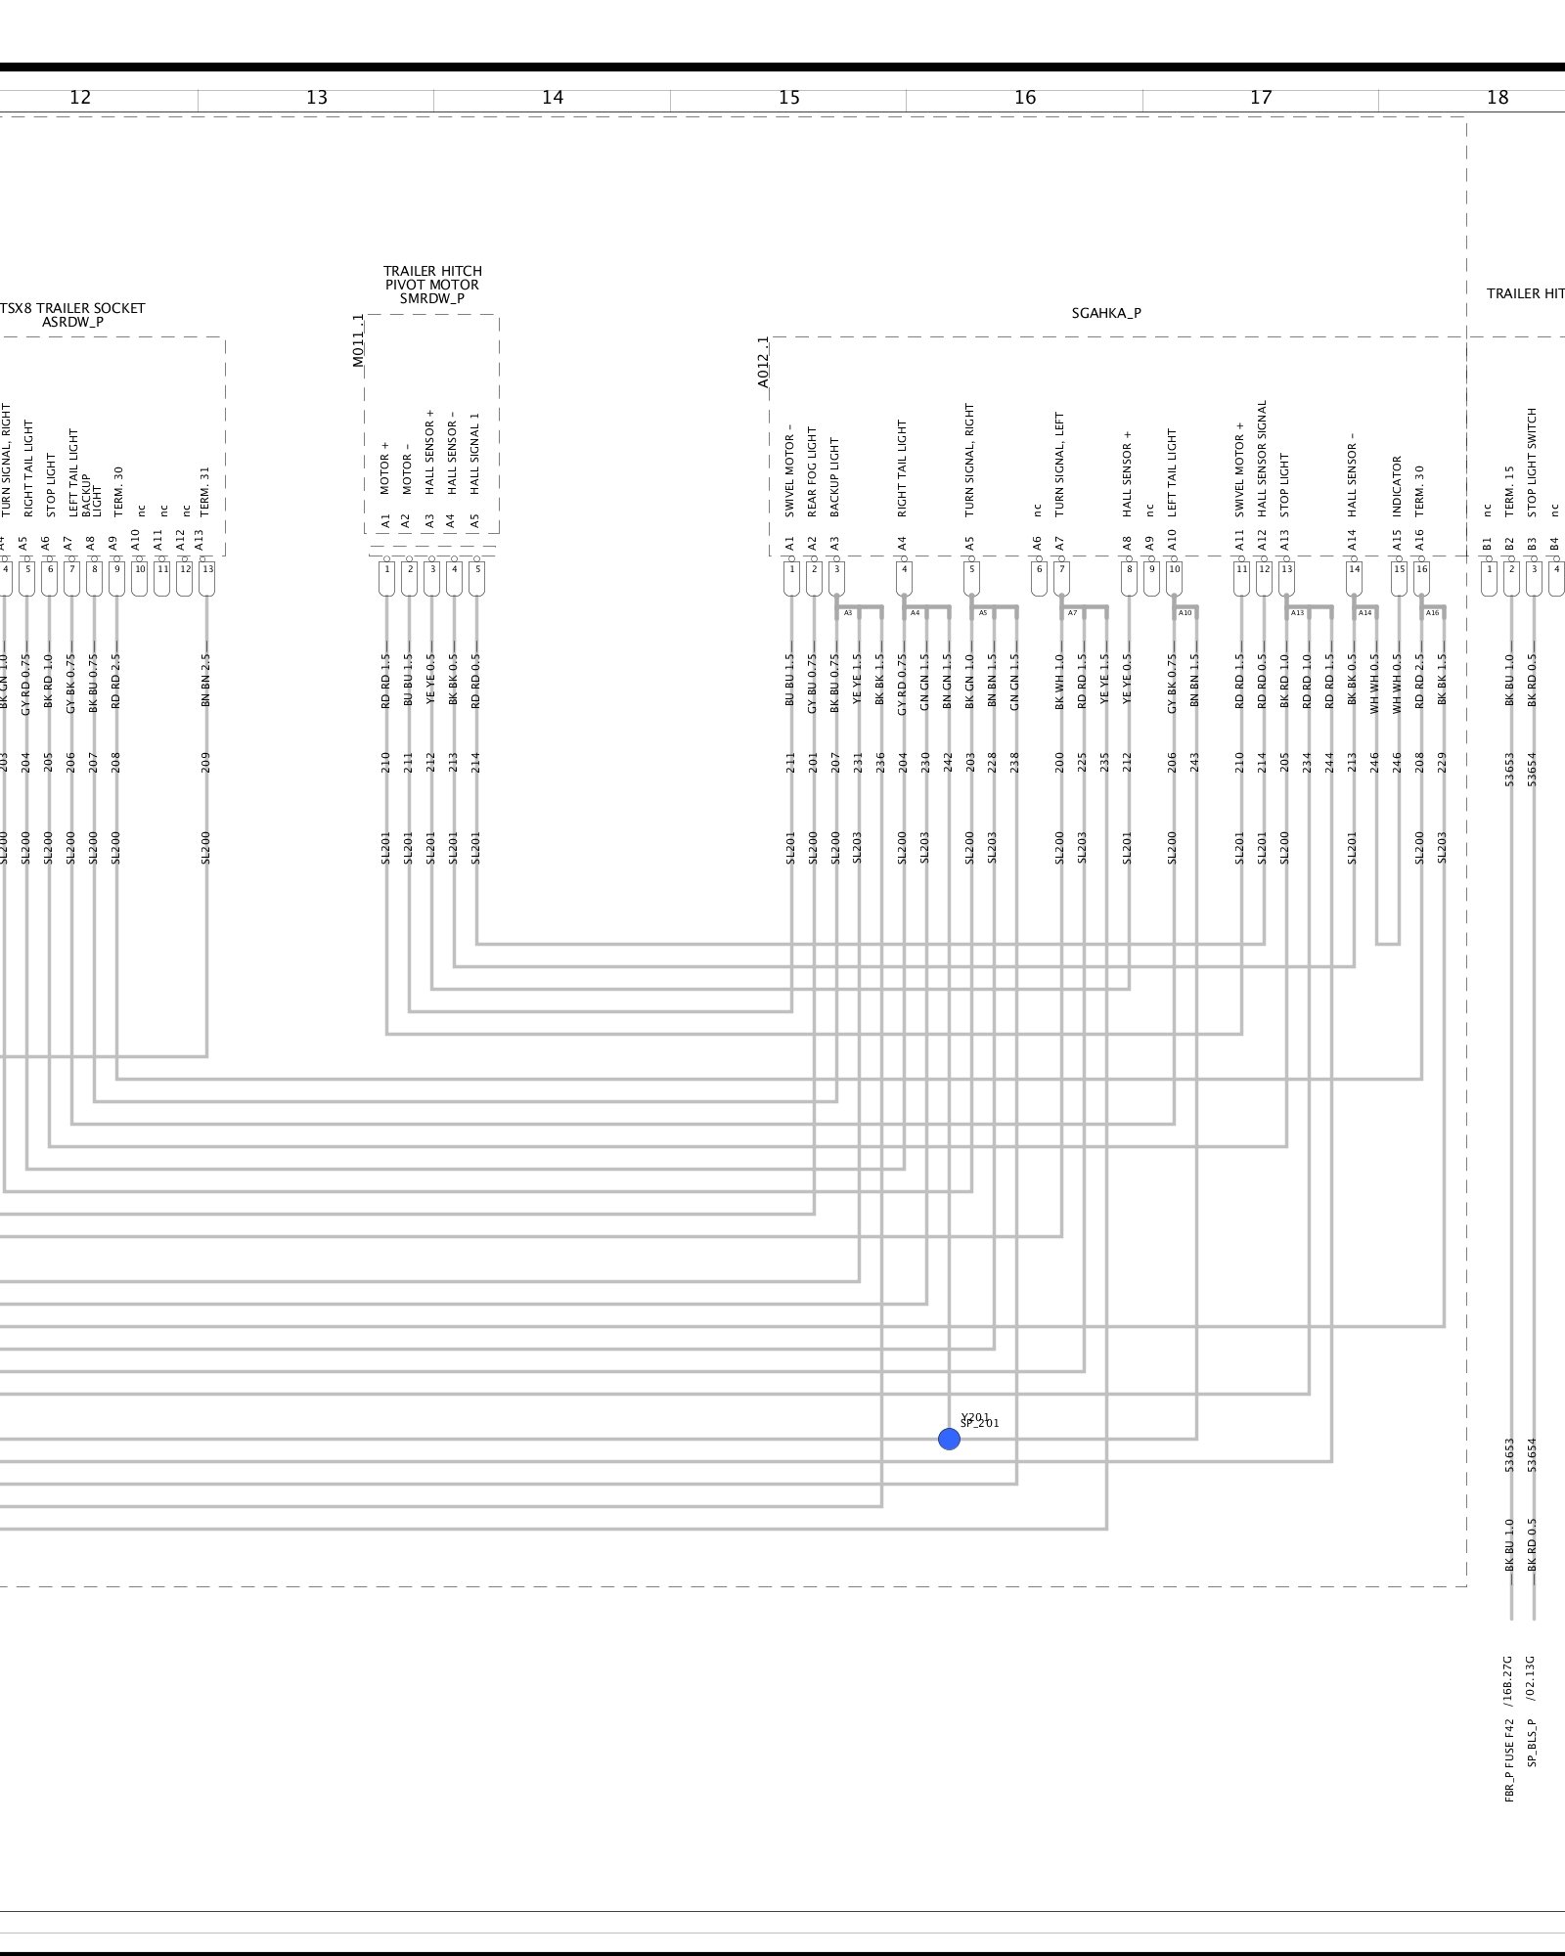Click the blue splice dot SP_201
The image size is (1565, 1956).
948,1439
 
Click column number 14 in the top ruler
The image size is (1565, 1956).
553,98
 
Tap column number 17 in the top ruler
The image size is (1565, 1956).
1261,98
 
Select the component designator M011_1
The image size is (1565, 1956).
358,340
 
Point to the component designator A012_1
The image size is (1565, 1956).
763,363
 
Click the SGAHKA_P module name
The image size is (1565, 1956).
1105,313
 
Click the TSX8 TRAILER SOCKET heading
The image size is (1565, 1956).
72,308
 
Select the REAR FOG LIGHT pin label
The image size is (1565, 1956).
812,472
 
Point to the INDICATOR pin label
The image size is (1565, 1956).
1398,486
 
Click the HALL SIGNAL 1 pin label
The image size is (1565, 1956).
475,453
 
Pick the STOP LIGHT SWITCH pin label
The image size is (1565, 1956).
1533,462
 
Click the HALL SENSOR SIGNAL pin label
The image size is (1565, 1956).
1263,458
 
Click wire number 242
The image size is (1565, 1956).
948,763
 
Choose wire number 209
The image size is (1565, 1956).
205,763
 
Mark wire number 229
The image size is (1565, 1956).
1443,763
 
